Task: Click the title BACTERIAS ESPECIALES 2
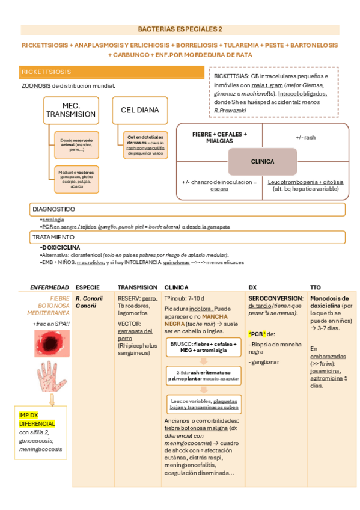[x=180, y=29]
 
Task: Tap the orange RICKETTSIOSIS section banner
[x=112, y=72]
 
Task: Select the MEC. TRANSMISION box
[x=71, y=109]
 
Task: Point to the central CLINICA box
[x=262, y=161]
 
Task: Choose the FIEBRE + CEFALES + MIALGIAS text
[x=219, y=137]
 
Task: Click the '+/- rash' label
[x=305, y=137]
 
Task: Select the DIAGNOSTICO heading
[x=54, y=209]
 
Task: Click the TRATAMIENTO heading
[x=55, y=238]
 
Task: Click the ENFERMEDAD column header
[x=50, y=287]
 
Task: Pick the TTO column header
[x=316, y=287]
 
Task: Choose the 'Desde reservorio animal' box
[x=76, y=144]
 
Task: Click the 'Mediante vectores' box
[x=76, y=179]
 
